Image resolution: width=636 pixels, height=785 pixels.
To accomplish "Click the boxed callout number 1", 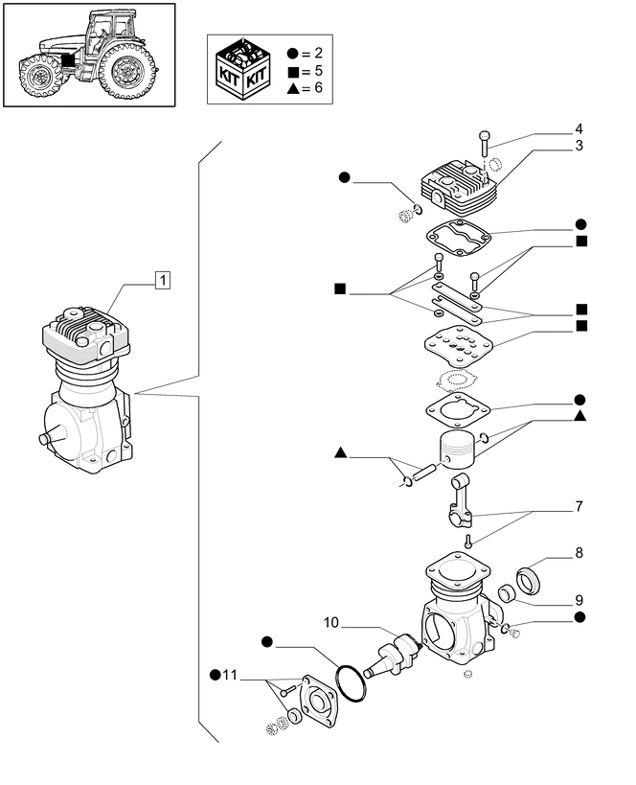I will coord(163,280).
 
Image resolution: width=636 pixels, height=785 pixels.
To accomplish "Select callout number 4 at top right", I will coord(579,128).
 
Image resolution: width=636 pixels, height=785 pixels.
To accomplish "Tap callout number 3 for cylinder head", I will coord(579,146).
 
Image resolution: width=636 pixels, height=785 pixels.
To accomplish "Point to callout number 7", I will coord(579,505).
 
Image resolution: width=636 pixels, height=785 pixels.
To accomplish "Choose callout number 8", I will coord(579,553).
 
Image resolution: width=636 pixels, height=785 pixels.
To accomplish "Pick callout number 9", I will coord(579,601).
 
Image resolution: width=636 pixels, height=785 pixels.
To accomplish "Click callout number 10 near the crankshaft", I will coord(331,623).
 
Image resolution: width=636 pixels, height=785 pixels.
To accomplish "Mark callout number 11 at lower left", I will coord(228,676).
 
